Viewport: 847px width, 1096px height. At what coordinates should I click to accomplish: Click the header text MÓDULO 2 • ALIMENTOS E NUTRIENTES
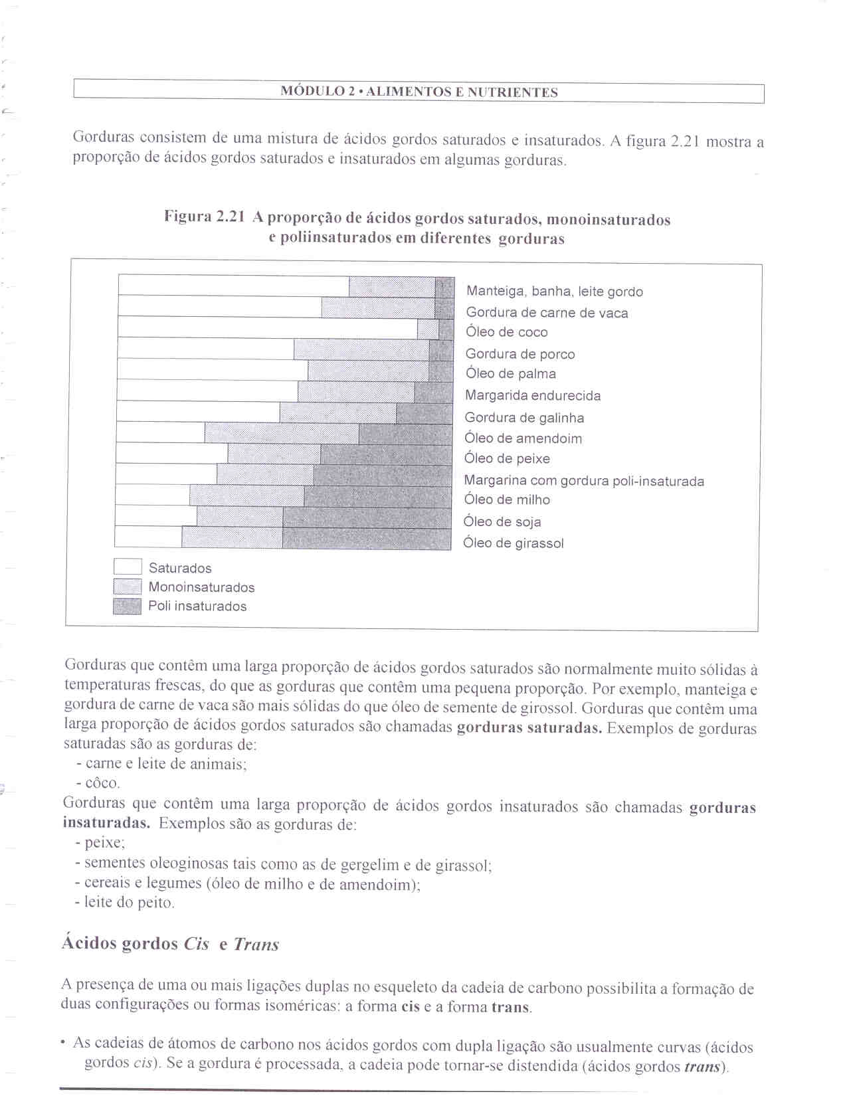pyautogui.click(x=419, y=92)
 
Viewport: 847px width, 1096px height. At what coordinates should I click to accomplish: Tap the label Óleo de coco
pyautogui.click(x=507, y=332)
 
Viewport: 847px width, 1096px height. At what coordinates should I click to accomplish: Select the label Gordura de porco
pyautogui.click(x=520, y=354)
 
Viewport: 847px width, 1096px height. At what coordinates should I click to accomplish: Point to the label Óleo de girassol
pyautogui.click(x=514, y=543)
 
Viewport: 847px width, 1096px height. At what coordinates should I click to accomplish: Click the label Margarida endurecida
pyautogui.click(x=533, y=396)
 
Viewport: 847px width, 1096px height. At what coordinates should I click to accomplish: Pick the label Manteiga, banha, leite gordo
pyautogui.click(x=555, y=292)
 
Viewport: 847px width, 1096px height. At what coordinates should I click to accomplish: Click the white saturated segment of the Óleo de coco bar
pyautogui.click(x=268, y=328)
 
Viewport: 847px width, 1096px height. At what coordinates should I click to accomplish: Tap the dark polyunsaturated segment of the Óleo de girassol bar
pyautogui.click(x=367, y=539)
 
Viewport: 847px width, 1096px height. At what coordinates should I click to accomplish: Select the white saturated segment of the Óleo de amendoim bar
pyautogui.click(x=161, y=433)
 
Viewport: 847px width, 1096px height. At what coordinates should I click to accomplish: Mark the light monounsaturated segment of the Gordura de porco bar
pyautogui.click(x=361, y=349)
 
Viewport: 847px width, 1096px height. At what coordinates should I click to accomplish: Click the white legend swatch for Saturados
pyautogui.click(x=128, y=567)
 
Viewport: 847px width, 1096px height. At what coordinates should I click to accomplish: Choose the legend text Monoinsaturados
pyautogui.click(x=201, y=587)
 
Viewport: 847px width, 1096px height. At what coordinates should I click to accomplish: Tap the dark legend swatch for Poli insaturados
pyautogui.click(x=128, y=606)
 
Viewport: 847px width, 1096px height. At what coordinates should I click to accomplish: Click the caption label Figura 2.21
pyautogui.click(x=205, y=217)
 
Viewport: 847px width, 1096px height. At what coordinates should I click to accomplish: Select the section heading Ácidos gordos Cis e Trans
pyautogui.click(x=170, y=944)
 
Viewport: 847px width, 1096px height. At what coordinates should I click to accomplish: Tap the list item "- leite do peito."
pyautogui.click(x=125, y=903)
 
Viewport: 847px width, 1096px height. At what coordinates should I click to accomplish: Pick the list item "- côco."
pyautogui.click(x=98, y=783)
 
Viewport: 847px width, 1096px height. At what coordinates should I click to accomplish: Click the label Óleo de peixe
pyautogui.click(x=507, y=459)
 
